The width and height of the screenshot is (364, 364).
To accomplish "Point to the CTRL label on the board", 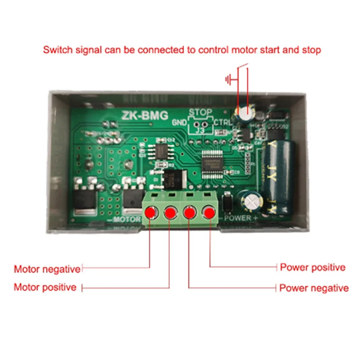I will (222, 122).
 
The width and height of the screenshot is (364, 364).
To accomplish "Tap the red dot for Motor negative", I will (150, 212).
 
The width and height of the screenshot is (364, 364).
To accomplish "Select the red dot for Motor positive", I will (170, 212).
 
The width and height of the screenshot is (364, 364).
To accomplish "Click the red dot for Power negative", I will (189, 212).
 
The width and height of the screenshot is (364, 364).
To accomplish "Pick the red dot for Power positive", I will (209, 212).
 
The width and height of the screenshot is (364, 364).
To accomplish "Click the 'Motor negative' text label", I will (47, 269).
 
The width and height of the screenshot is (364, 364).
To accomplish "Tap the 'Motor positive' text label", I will (45, 287).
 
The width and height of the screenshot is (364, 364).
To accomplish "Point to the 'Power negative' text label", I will (314, 288).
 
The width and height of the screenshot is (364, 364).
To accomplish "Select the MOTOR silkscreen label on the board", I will (127, 219).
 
